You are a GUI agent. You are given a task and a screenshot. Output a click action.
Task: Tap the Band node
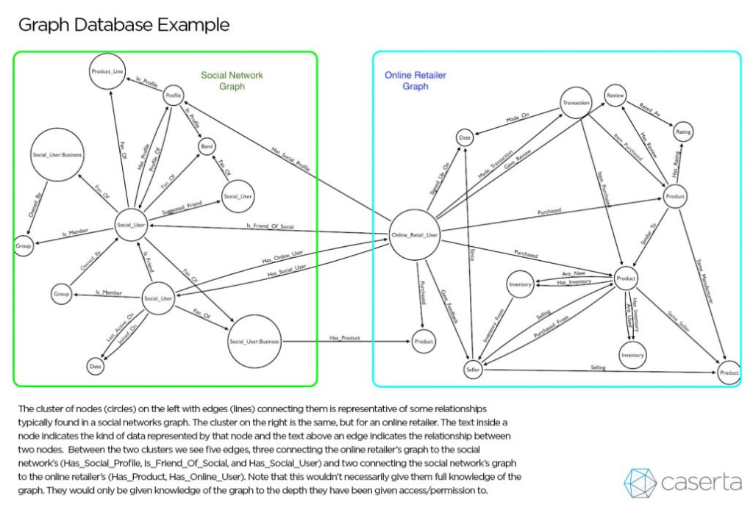coord(207,147)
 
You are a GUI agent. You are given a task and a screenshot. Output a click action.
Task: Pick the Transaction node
coord(576,104)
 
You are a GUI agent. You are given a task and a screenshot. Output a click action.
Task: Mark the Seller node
coord(472,370)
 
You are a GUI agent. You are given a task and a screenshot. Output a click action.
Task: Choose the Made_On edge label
coord(518,120)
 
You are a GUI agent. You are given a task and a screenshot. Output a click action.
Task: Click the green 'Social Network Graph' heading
coord(232,81)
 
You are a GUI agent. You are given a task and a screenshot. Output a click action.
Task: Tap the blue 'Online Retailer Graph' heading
coord(415,81)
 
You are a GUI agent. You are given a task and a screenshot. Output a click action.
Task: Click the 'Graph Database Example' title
coord(124,25)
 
